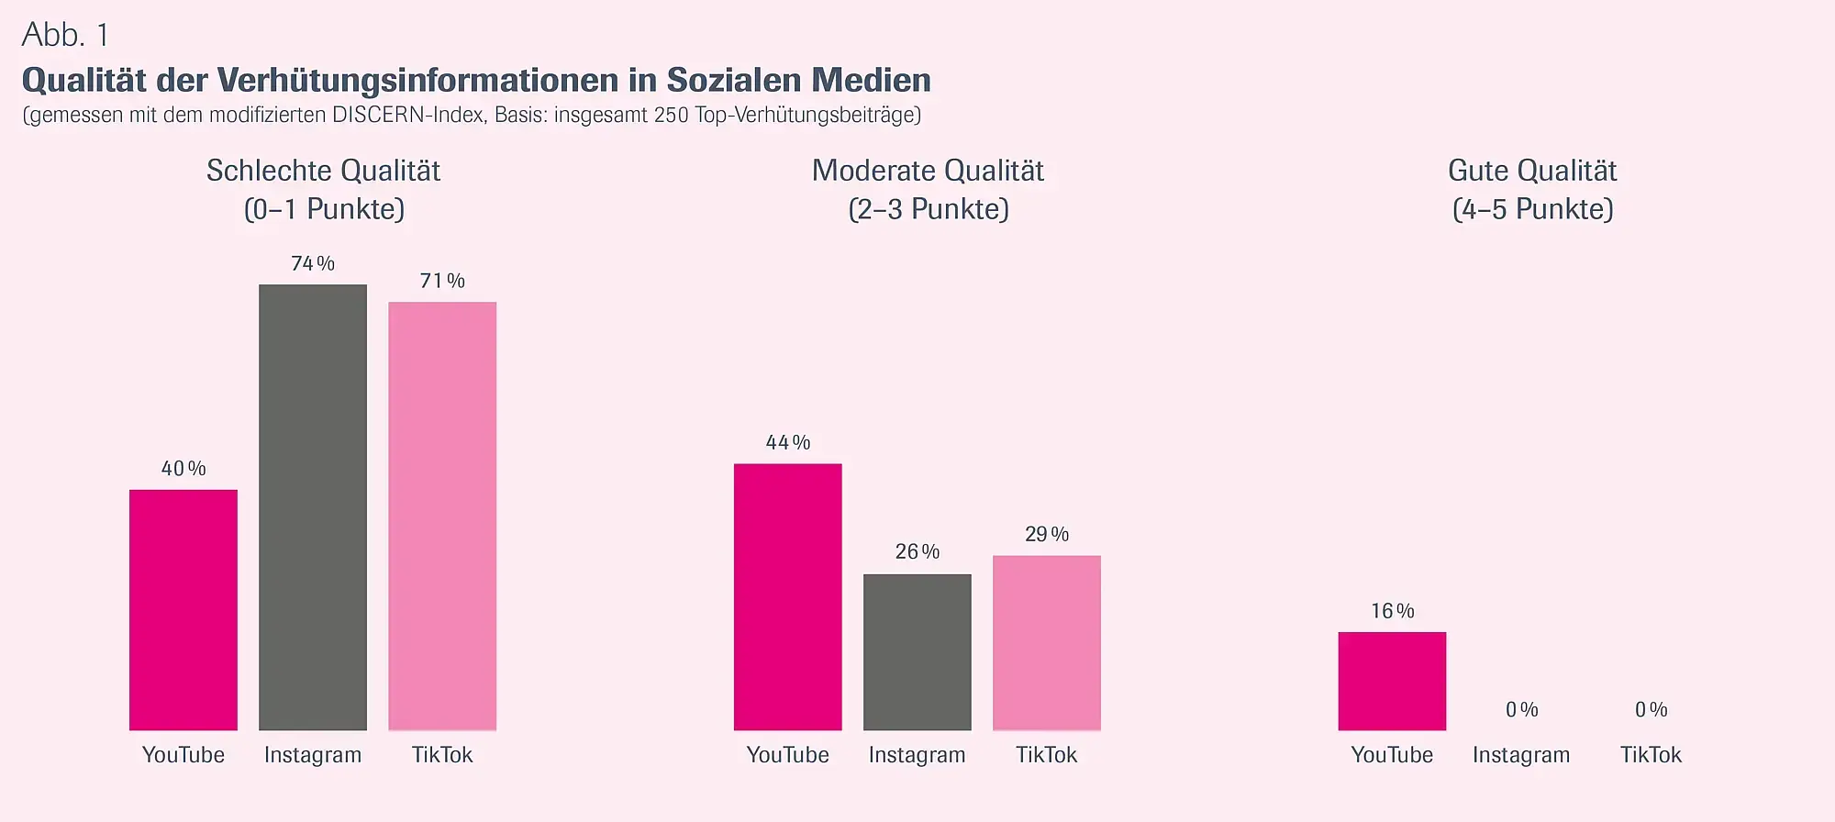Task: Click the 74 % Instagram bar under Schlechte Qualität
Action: [313, 507]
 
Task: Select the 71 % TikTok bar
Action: [442, 516]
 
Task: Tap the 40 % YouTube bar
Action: [183, 610]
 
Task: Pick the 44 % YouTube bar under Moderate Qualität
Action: [787, 597]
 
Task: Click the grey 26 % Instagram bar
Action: [917, 652]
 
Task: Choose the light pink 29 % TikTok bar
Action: [1046, 643]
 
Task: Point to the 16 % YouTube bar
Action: [1392, 681]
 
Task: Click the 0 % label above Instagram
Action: [1521, 709]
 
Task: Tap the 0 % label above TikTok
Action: [1651, 709]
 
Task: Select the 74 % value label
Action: [313, 263]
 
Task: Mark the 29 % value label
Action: [1046, 534]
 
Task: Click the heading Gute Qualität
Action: [1532, 171]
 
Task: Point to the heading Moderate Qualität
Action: [928, 171]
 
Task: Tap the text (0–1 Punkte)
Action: [324, 209]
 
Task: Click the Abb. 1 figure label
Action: [65, 35]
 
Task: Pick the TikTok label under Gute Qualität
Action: [1651, 755]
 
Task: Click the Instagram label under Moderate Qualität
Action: [917, 755]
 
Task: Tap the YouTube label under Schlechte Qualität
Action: [183, 755]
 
